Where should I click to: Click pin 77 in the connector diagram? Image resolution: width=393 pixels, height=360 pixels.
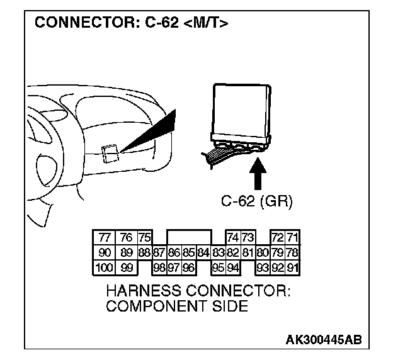105,237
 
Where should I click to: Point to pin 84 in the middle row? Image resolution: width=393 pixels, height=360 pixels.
203,253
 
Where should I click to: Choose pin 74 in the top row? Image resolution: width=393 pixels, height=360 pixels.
232,237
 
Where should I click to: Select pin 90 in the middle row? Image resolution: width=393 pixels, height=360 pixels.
105,253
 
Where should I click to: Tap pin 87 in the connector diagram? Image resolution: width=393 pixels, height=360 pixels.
159,253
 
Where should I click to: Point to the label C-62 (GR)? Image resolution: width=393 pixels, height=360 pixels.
258,201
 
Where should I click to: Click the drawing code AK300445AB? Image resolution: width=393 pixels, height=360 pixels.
324,340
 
